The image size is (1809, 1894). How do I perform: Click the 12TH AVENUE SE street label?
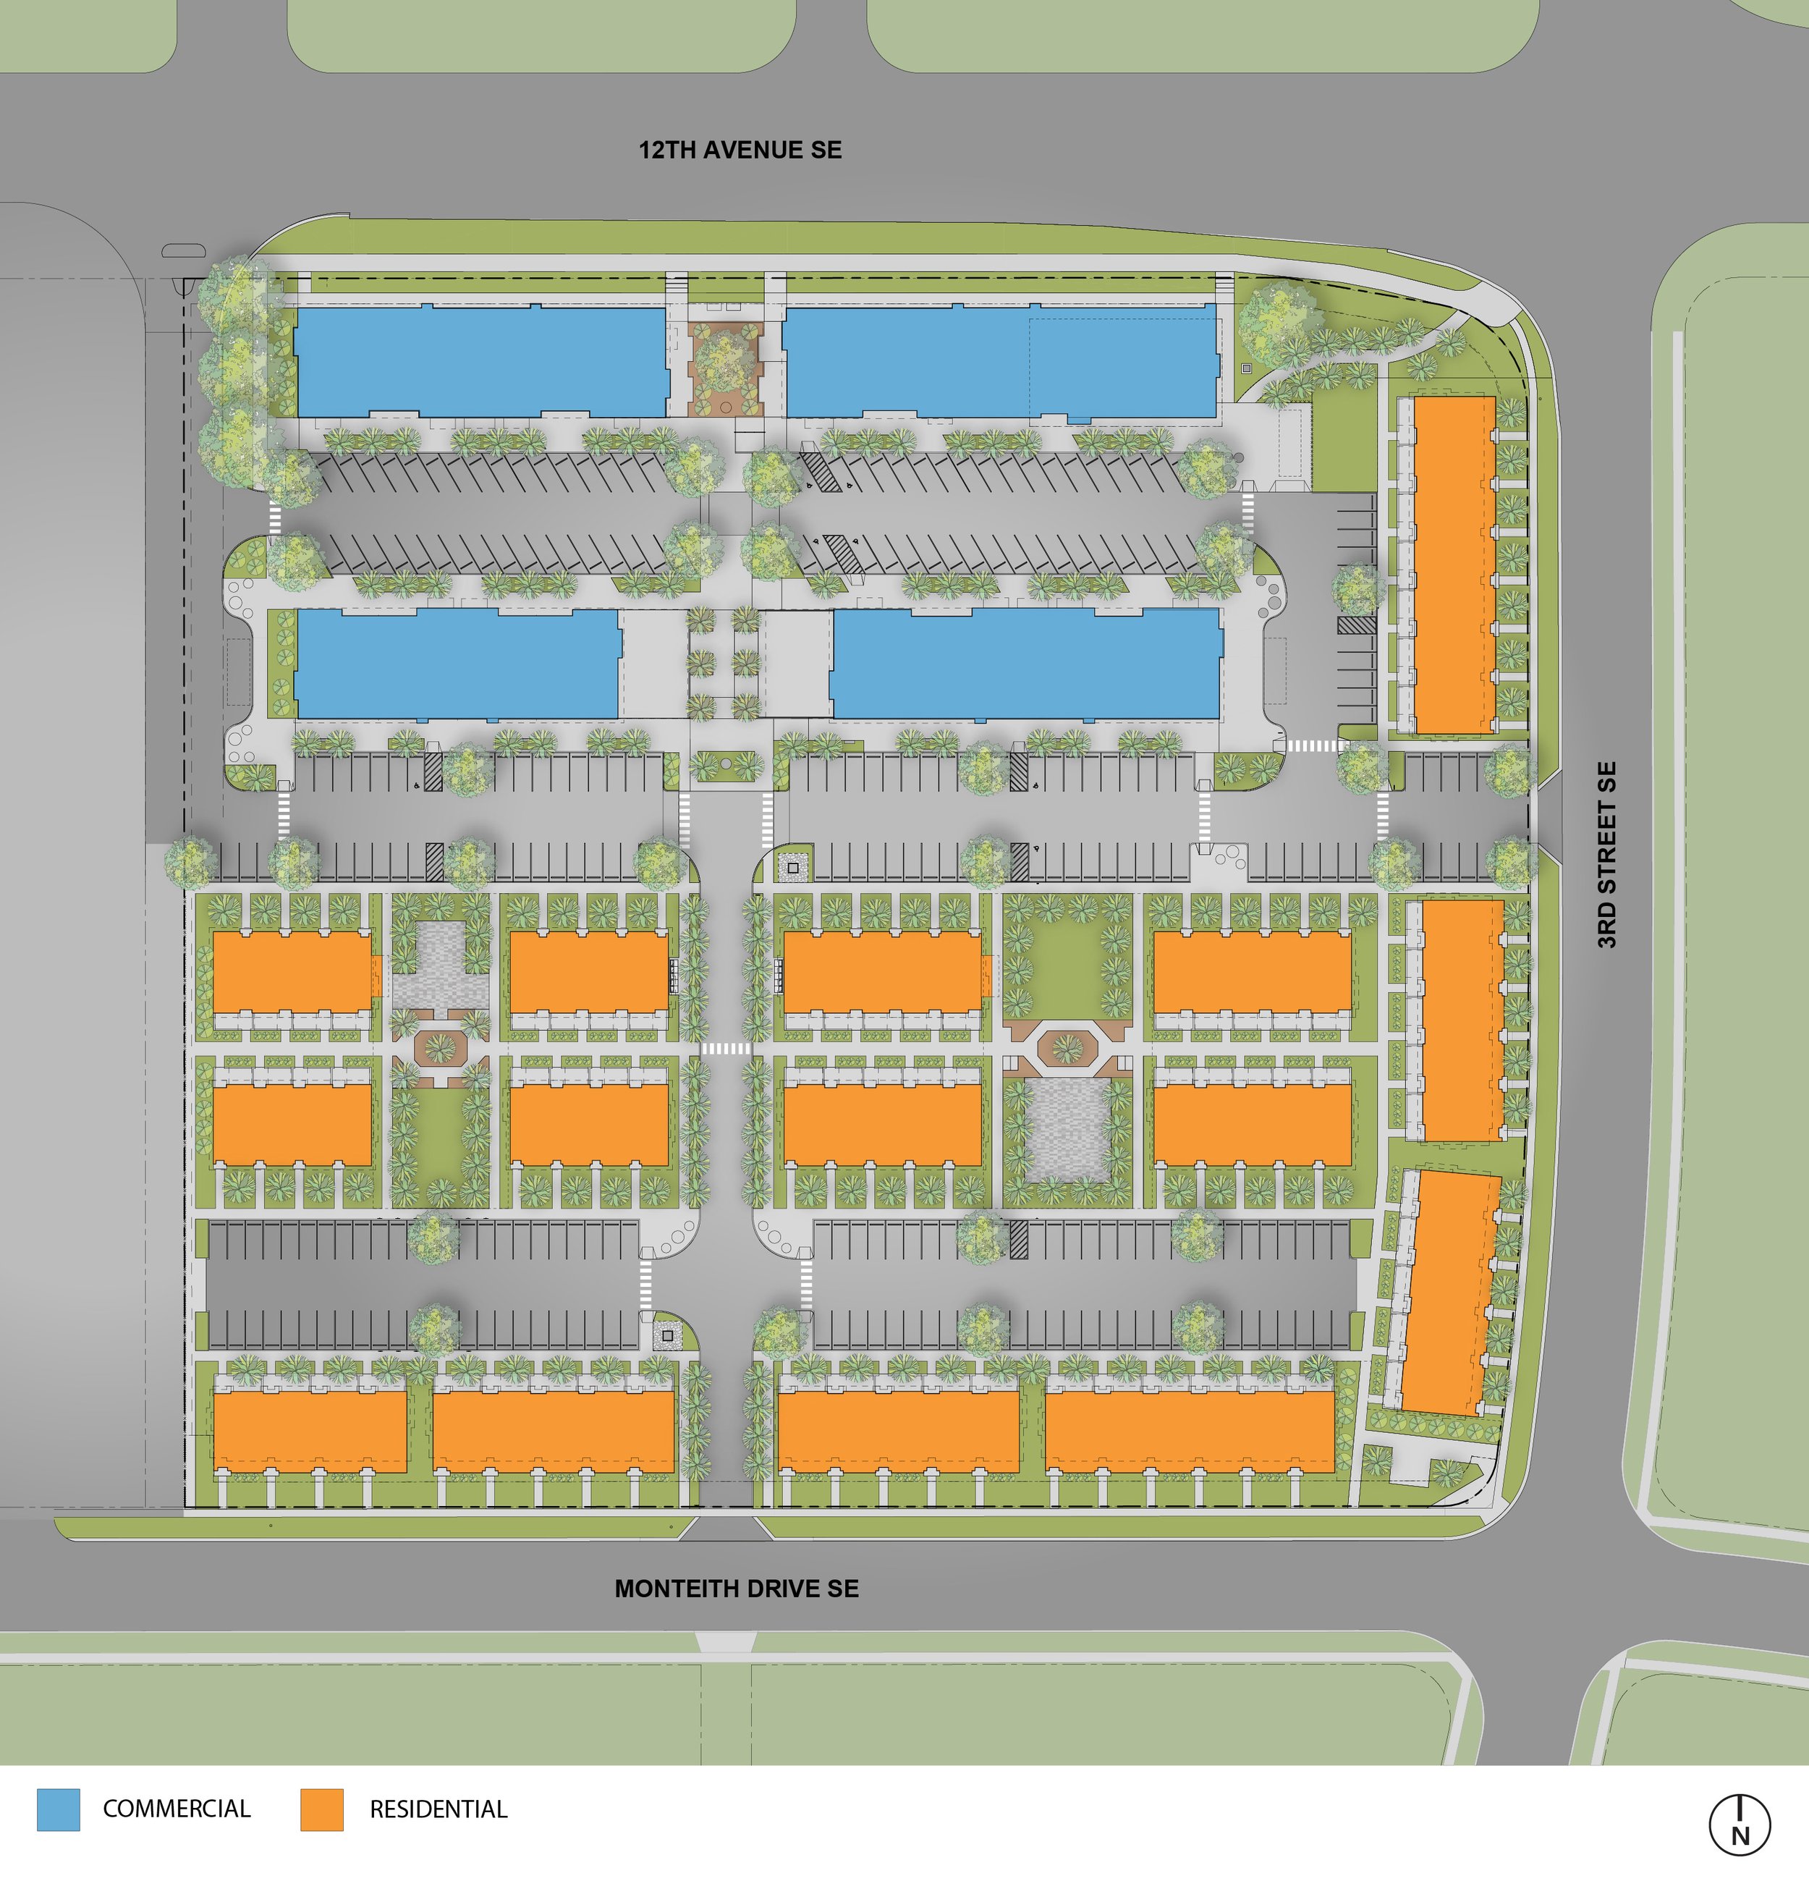pyautogui.click(x=740, y=150)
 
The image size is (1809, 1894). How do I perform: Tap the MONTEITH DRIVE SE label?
pyautogui.click(x=737, y=1589)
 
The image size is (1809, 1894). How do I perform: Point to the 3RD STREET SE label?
pyautogui.click(x=1606, y=855)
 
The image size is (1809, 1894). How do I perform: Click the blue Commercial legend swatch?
pyautogui.click(x=58, y=1809)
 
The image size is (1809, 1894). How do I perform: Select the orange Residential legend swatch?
pyautogui.click(x=321, y=1809)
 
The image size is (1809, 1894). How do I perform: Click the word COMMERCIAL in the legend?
pyautogui.click(x=177, y=1809)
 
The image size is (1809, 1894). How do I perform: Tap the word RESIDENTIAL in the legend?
pyautogui.click(x=439, y=1809)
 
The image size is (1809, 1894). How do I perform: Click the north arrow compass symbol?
pyautogui.click(x=1740, y=1825)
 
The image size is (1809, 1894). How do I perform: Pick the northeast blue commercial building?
pyautogui.click(x=1000, y=362)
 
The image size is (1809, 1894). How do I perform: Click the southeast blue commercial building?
pyautogui.click(x=1025, y=664)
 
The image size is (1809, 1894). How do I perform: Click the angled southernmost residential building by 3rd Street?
pyautogui.click(x=1449, y=1293)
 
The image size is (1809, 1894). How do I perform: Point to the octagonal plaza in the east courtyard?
pyautogui.click(x=1067, y=1047)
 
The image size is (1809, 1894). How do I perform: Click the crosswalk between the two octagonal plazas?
pyautogui.click(x=725, y=1048)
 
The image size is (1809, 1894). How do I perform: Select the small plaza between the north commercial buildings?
pyautogui.click(x=725, y=363)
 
